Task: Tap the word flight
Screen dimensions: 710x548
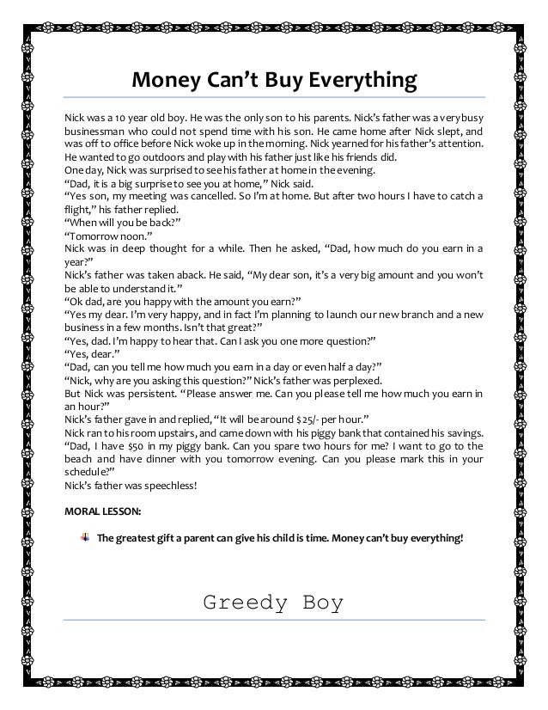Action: point(82,211)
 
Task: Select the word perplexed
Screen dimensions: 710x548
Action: point(372,380)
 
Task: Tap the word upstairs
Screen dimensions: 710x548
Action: point(174,432)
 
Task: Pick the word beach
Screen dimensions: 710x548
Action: point(80,460)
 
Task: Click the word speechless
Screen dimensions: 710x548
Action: point(169,486)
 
